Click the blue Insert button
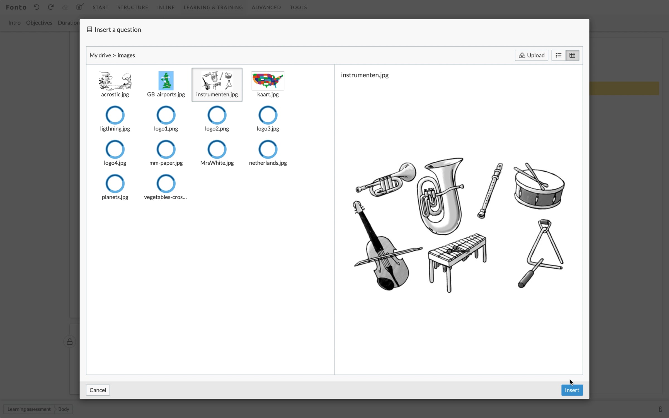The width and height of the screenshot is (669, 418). pos(572,390)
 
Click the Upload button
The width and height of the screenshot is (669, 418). pos(531,55)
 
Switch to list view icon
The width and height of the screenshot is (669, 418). pos(558,55)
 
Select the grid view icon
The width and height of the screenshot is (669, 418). pos(572,55)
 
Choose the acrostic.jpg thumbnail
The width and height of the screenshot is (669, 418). pos(115,81)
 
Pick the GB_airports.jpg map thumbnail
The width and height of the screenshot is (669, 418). pos(166,81)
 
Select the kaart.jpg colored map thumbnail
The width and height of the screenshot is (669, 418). pos(268,81)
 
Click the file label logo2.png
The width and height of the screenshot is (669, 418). pos(217,128)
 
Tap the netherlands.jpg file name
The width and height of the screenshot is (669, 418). pos(268,163)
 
